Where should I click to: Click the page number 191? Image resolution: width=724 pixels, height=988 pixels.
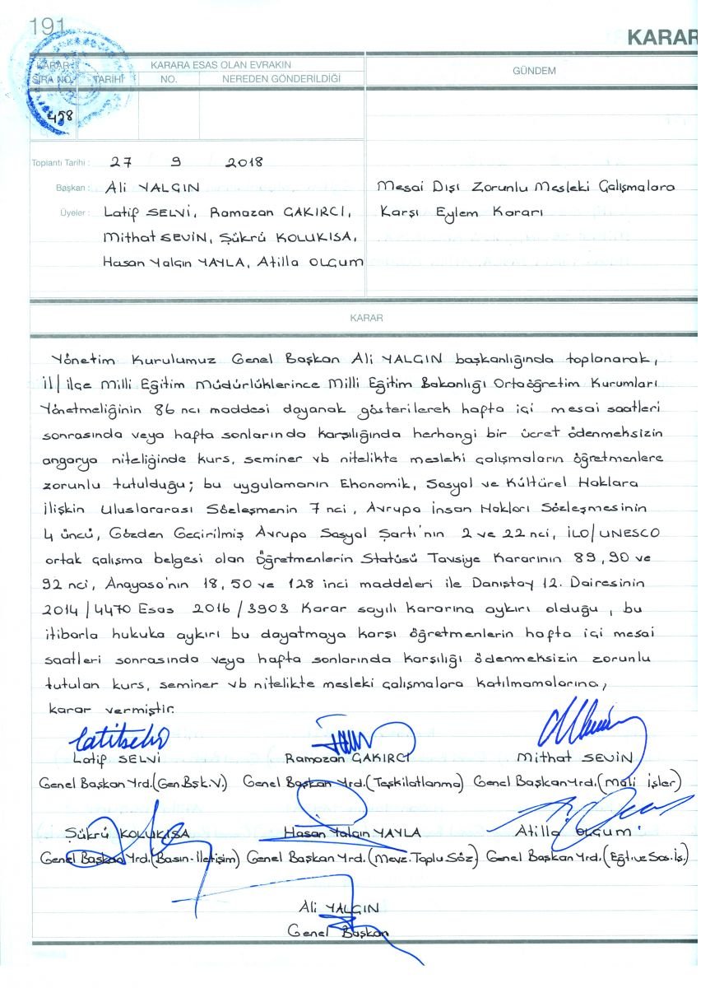(x=46, y=26)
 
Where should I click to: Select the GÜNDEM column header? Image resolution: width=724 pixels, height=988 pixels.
(x=534, y=71)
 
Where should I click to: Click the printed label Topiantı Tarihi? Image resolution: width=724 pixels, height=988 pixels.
(x=60, y=163)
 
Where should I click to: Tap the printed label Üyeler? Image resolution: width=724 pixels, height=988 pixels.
(x=73, y=212)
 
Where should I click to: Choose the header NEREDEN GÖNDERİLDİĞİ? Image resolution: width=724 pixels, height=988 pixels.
(x=281, y=79)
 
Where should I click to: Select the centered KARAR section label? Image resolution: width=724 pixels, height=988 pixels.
(x=362, y=317)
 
